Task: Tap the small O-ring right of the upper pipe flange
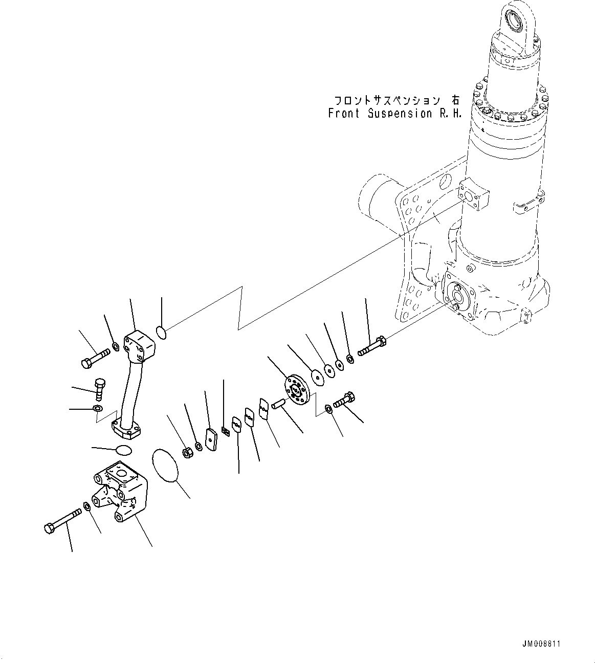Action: pos(161,333)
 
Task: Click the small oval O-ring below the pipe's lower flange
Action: pos(123,450)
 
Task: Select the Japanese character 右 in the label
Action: pos(453,101)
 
